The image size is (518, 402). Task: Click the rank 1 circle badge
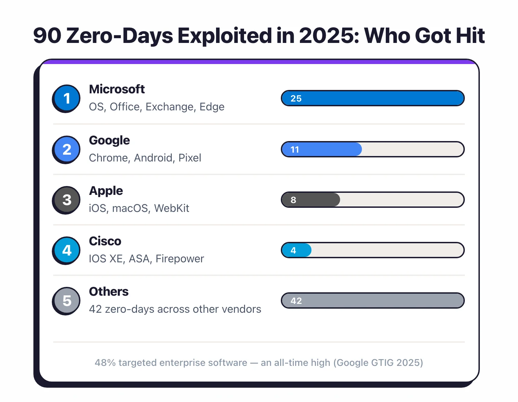click(67, 98)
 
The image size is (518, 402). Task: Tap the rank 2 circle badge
click(67, 149)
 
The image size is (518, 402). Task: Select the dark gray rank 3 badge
click(67, 200)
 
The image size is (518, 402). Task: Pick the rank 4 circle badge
click(67, 250)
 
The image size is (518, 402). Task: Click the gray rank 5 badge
click(67, 300)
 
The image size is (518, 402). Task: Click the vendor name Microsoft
click(117, 89)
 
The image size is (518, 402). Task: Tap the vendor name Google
click(109, 140)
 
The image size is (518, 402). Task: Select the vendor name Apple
click(106, 191)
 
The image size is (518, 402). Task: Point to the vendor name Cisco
click(105, 241)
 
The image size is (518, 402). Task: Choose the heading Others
click(109, 292)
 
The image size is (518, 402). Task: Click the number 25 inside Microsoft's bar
click(296, 98)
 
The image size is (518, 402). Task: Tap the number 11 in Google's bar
click(295, 150)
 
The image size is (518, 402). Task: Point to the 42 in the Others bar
click(296, 301)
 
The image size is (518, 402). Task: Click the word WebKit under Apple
click(171, 208)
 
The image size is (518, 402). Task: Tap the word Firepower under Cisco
click(180, 259)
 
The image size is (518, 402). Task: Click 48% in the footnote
click(105, 362)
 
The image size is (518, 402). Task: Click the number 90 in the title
click(47, 35)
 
